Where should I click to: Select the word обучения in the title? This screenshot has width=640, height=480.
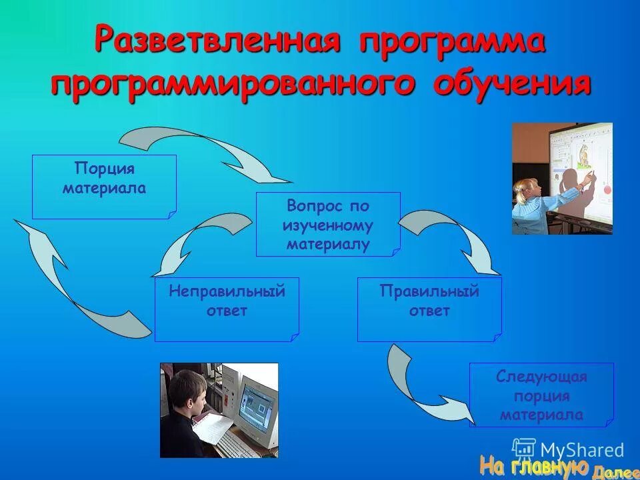[511, 85]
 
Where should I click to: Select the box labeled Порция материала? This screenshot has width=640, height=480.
[104, 187]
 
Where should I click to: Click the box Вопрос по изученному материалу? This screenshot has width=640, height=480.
[328, 225]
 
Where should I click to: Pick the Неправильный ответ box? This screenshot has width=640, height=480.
[227, 309]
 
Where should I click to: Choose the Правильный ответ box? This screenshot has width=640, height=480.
[429, 309]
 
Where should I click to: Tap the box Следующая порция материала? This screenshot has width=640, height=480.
[541, 395]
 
